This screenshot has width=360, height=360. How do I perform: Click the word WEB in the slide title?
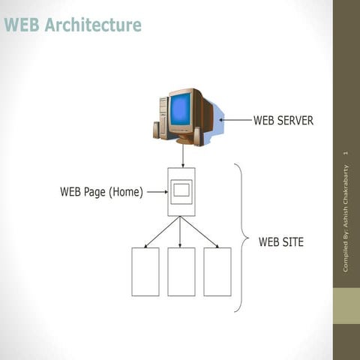[x=21, y=25]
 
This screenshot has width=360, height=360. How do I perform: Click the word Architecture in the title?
[x=92, y=25]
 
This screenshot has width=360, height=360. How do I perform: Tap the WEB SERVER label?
[x=283, y=120]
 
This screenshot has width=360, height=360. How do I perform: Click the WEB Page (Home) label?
[x=100, y=191]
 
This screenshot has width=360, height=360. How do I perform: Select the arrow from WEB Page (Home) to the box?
[x=156, y=191]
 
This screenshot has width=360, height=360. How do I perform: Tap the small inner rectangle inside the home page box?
[x=181, y=190]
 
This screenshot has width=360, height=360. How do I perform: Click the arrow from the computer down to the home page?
[x=181, y=156]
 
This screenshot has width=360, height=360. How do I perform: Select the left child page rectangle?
[x=145, y=271]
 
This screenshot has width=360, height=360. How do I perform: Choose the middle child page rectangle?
[x=181, y=271]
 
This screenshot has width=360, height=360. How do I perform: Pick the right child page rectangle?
[x=217, y=271]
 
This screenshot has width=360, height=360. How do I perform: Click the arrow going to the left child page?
[x=161, y=232]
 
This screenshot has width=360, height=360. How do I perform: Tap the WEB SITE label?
[x=281, y=242]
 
